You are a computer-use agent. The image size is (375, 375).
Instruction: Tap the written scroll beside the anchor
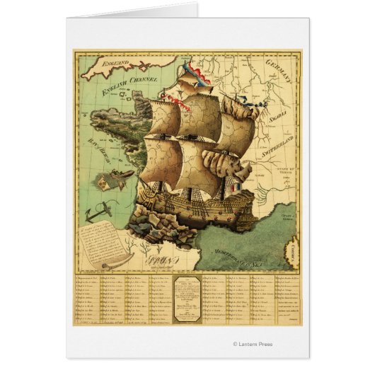point(104,243)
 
